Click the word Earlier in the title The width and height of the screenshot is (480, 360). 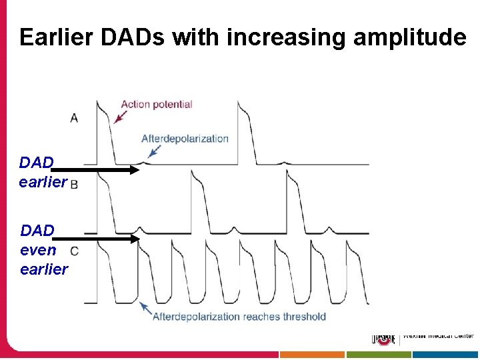click(57, 37)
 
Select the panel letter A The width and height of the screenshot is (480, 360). click(74, 118)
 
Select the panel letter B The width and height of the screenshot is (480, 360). click(74, 184)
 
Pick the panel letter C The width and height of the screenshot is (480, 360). click(74, 251)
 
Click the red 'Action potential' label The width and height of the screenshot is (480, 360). click(156, 104)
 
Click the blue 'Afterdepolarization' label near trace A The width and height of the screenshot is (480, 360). click(185, 139)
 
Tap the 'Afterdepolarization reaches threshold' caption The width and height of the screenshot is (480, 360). click(239, 316)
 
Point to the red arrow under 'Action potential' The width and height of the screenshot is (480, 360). click(121, 117)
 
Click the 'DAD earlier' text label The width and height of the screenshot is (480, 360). click(43, 172)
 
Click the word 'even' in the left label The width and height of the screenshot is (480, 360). click(38, 250)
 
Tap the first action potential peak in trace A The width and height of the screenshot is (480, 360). click(98, 103)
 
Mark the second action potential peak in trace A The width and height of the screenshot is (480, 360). click(239, 103)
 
